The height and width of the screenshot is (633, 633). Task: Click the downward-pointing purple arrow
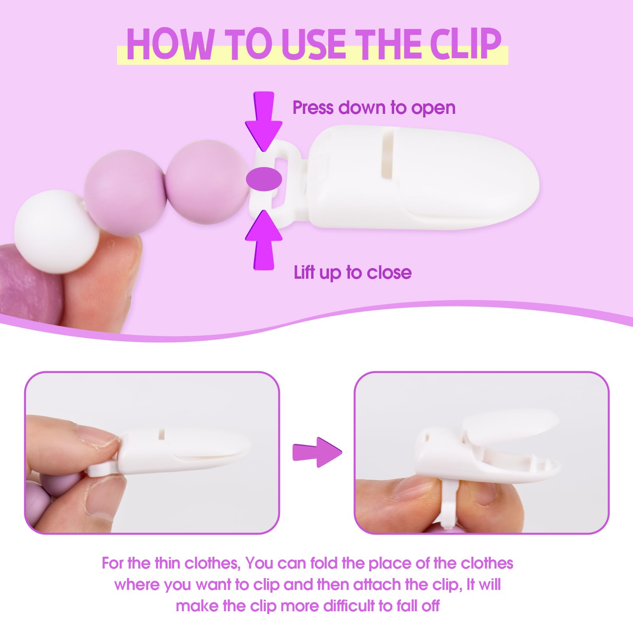[x=264, y=121]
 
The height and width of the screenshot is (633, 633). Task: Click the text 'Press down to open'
[x=374, y=108]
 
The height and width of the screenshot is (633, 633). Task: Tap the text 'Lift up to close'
[x=353, y=272]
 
